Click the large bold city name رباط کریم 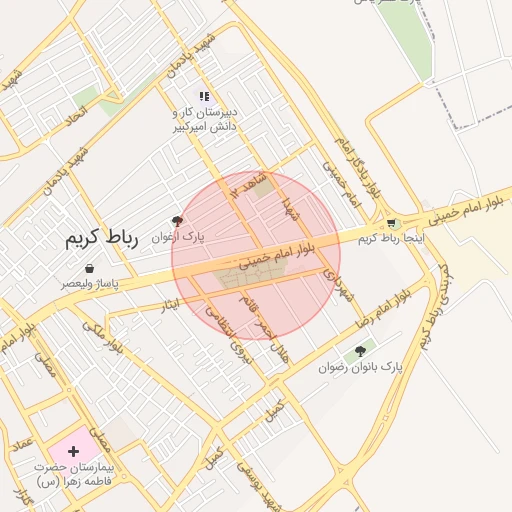tap(100, 238)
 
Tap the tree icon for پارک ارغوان tap(178, 220)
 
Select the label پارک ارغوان tap(177, 238)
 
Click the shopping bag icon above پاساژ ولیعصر tap(91, 268)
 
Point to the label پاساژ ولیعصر tap(89, 284)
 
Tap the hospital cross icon tap(73, 451)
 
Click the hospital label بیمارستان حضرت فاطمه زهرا tap(74, 474)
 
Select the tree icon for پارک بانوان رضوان tap(360, 351)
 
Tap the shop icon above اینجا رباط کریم tap(391, 223)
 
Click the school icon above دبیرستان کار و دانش tap(204, 97)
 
